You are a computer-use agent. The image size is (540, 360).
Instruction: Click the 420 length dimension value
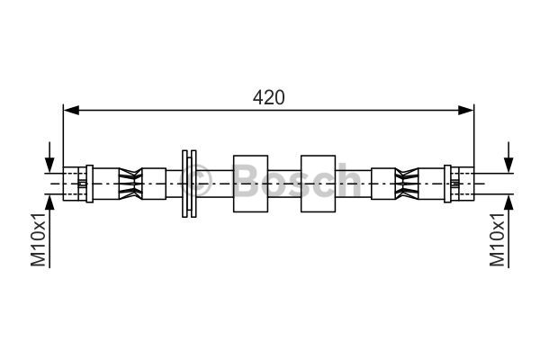pos(267,97)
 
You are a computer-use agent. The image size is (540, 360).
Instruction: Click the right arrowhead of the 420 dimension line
pos(466,110)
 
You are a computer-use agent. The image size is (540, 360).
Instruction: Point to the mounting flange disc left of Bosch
pos(189,183)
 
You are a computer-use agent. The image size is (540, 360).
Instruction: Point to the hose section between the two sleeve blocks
pos(284,183)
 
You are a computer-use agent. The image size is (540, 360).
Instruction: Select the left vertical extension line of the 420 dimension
pos(63,135)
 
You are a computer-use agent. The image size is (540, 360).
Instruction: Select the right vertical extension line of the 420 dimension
pos(473,135)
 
